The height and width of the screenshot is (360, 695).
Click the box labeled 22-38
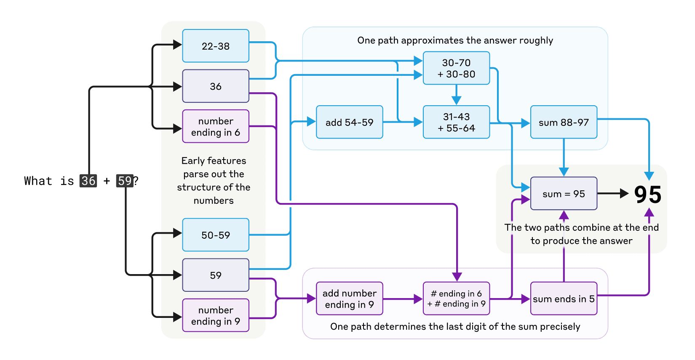click(x=215, y=46)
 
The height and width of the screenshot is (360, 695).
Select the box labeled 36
click(x=215, y=86)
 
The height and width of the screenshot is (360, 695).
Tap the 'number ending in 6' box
click(x=215, y=126)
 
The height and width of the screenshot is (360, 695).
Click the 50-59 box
click(x=215, y=235)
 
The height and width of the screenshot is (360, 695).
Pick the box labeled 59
click(x=215, y=275)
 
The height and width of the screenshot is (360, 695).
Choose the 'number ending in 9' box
click(x=215, y=315)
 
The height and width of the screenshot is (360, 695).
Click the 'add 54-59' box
click(x=349, y=122)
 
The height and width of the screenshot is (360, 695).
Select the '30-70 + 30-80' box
click(x=456, y=68)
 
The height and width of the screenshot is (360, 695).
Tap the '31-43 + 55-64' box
click(x=456, y=122)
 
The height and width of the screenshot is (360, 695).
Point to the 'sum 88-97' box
click(x=564, y=122)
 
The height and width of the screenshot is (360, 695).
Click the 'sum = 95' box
click(x=564, y=194)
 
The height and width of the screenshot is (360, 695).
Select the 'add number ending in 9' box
click(x=349, y=299)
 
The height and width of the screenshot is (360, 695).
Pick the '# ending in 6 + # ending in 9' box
click(x=456, y=299)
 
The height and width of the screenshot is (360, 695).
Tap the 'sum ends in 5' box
click(x=564, y=299)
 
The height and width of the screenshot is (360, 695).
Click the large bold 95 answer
click(x=648, y=195)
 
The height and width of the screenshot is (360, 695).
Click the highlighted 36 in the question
click(x=88, y=181)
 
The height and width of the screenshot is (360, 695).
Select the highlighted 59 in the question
click(x=125, y=181)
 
